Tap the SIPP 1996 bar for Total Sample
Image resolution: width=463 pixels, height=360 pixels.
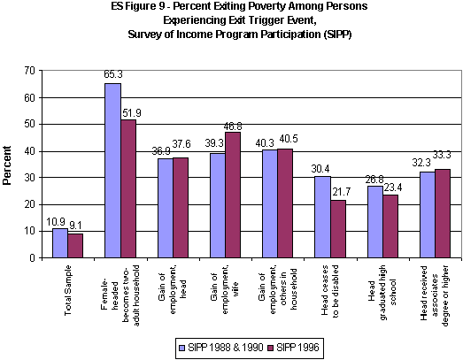click(x=75, y=246)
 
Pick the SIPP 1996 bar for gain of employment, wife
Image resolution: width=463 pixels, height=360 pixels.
click(x=233, y=195)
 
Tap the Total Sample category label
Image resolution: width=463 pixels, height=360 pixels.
click(x=68, y=283)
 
